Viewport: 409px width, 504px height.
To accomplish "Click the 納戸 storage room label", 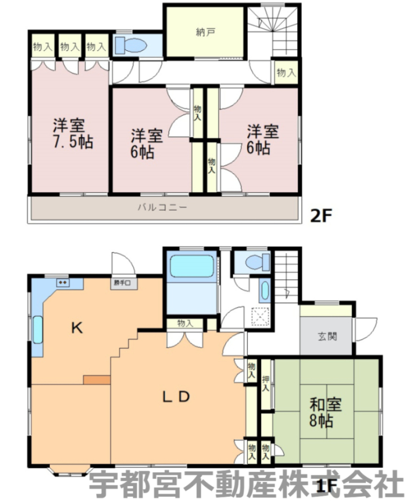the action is [x=205, y=32].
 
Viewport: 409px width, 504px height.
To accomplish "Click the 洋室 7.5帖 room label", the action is [x=73, y=133].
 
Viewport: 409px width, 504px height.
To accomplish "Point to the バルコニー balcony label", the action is [x=162, y=207].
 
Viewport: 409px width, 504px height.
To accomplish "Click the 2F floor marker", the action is [x=320, y=216].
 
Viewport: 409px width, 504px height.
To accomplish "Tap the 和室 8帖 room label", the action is [x=325, y=413].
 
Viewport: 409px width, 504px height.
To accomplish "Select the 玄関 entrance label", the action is [x=327, y=337].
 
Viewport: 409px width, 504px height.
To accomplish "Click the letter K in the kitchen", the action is [x=77, y=328].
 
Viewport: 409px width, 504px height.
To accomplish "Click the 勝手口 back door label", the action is [x=122, y=283].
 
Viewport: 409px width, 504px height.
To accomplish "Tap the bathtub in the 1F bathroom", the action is [x=192, y=266].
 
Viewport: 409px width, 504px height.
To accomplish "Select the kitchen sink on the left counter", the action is [x=38, y=330].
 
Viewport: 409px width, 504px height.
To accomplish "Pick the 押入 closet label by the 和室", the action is [x=265, y=383].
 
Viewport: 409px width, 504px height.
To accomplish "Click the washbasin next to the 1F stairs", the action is [x=264, y=291].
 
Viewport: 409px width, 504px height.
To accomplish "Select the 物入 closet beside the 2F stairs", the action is [x=286, y=72].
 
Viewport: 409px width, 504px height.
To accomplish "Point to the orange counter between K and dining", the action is [x=96, y=380].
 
